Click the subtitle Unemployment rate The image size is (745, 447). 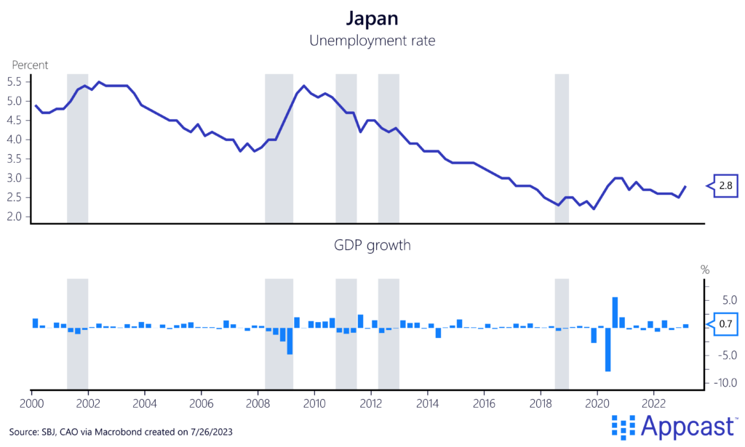372,41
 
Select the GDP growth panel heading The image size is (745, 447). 372,246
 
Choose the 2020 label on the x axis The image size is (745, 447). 597,403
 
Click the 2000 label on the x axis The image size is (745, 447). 32,403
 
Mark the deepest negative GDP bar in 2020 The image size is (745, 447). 607,350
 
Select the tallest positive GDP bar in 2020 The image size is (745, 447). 615,313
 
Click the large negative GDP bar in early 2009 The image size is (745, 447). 290,341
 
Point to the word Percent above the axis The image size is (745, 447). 30,65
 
